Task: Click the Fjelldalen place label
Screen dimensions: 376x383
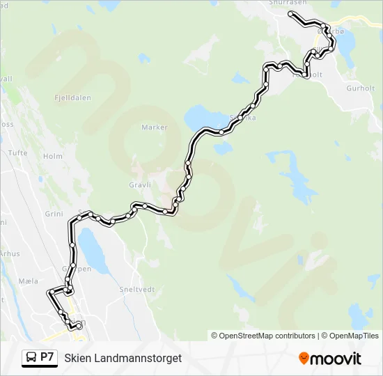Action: [x=73, y=99]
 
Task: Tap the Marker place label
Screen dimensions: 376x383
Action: [x=155, y=127]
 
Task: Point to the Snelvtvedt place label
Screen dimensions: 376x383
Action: [x=136, y=290]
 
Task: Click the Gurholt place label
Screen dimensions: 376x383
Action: [x=361, y=89]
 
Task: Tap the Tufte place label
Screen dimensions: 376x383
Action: [x=17, y=152]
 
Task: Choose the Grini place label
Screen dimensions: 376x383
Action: [x=54, y=214]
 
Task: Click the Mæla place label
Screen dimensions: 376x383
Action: [x=28, y=281]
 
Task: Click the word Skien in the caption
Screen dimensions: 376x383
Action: [x=77, y=358]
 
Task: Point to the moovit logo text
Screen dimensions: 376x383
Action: [x=336, y=359]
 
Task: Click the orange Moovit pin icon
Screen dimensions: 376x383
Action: [x=304, y=359]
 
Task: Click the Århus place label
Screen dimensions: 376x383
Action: [x=9, y=254]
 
